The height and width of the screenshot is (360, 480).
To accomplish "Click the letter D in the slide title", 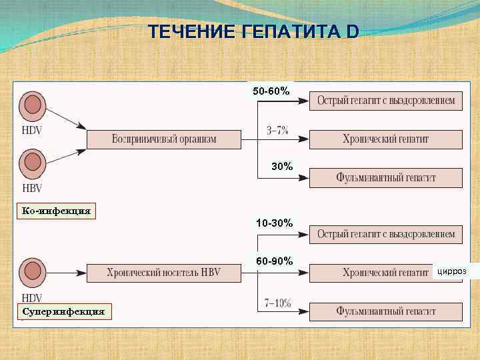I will pos(351,31).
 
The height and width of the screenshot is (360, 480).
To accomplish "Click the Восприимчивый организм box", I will pos(163,139).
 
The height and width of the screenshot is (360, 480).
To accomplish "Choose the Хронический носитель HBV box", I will pos(163,273).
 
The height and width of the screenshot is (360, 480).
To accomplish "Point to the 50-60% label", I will pos(271,91).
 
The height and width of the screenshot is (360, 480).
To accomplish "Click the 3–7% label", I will pos(277,131).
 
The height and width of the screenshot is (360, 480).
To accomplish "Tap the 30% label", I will pos(281,167).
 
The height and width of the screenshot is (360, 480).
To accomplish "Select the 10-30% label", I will pos(273,223).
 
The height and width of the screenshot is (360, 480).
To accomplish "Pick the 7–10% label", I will pos(277,303).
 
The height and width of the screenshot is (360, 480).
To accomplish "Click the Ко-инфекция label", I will pos(56,211).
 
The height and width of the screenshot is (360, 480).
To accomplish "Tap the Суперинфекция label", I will pos(63,311).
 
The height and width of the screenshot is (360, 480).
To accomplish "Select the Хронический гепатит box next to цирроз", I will pos(385,273).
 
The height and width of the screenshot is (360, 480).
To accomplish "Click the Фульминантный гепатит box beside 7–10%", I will pos(385,311).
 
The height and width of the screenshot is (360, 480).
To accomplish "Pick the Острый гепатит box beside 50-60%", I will pos(385,101).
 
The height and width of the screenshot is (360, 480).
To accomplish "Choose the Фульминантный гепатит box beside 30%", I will pos(385,178).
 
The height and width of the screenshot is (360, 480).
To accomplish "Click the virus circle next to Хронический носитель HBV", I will pos(31,271).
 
